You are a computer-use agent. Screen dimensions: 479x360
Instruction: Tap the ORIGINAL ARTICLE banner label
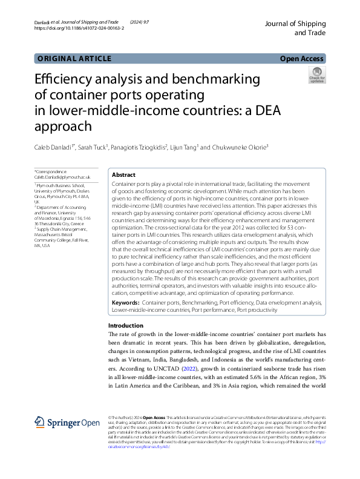click(74, 59)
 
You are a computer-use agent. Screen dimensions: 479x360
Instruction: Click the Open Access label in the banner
click(302, 59)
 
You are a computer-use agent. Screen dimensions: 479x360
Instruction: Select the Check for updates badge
click(316, 75)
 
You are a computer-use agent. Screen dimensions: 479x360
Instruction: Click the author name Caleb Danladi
click(56, 147)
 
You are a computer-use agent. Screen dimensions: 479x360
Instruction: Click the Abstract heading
click(124, 174)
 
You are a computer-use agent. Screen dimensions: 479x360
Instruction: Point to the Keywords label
click(126, 302)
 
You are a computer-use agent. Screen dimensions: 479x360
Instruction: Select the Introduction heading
click(122, 326)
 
